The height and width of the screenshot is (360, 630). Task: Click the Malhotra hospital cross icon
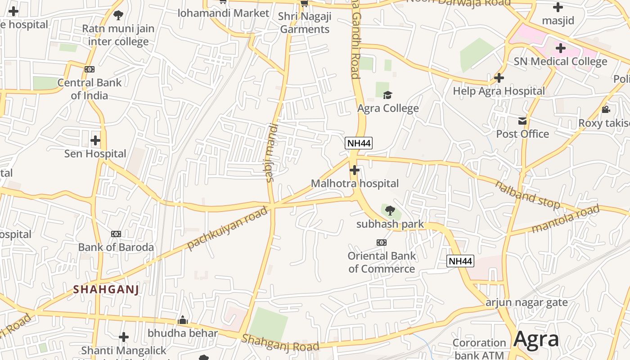(355, 170)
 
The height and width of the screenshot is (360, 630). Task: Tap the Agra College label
(388, 108)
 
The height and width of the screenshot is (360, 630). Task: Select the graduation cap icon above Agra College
(387, 95)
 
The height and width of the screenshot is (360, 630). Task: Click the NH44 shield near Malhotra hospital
(359, 144)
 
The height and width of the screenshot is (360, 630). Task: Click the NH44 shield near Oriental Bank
(460, 261)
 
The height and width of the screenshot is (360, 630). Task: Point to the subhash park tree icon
(390, 210)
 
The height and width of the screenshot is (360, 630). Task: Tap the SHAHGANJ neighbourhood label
(106, 289)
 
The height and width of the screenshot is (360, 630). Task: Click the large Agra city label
(536, 339)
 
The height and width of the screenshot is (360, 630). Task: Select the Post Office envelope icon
(522, 121)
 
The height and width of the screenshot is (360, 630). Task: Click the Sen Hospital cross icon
(95, 140)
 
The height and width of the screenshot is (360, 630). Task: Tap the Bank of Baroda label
(116, 247)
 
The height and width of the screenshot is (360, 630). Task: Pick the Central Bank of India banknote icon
(90, 69)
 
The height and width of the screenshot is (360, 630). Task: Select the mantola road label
(566, 219)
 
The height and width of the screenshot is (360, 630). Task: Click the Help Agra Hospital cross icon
(499, 78)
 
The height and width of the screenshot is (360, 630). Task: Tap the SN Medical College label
(560, 61)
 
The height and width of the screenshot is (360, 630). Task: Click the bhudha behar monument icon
(183, 320)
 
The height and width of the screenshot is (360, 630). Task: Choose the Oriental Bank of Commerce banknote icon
(382, 243)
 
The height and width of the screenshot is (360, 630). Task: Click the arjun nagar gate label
(526, 302)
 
